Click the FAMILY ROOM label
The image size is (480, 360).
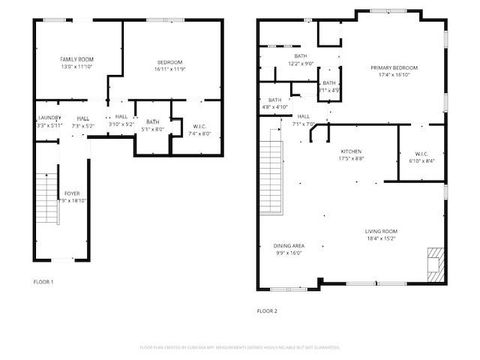click(x=75, y=61)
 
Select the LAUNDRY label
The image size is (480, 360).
click(x=50, y=118)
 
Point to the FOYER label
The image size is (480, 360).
click(x=73, y=192)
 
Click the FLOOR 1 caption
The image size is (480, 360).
click(x=45, y=282)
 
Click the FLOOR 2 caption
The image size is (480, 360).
click(x=268, y=311)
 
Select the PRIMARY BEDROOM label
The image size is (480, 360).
click(x=394, y=67)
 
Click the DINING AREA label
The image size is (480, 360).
click(x=289, y=245)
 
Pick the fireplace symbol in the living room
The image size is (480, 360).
click(x=433, y=263)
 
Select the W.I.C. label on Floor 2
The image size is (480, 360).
click(x=421, y=153)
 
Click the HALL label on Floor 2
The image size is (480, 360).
click(x=303, y=116)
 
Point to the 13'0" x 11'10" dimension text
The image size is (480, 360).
click(x=76, y=68)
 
